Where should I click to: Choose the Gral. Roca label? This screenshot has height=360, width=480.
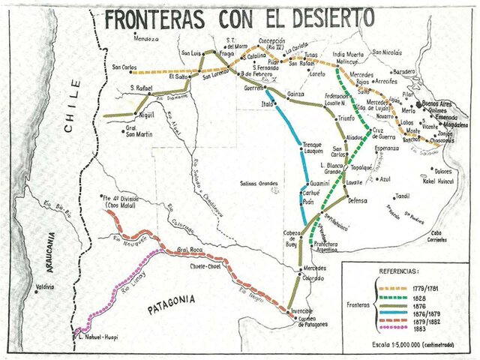(x=191, y=249)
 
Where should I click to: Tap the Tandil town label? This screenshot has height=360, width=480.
(x=403, y=196)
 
